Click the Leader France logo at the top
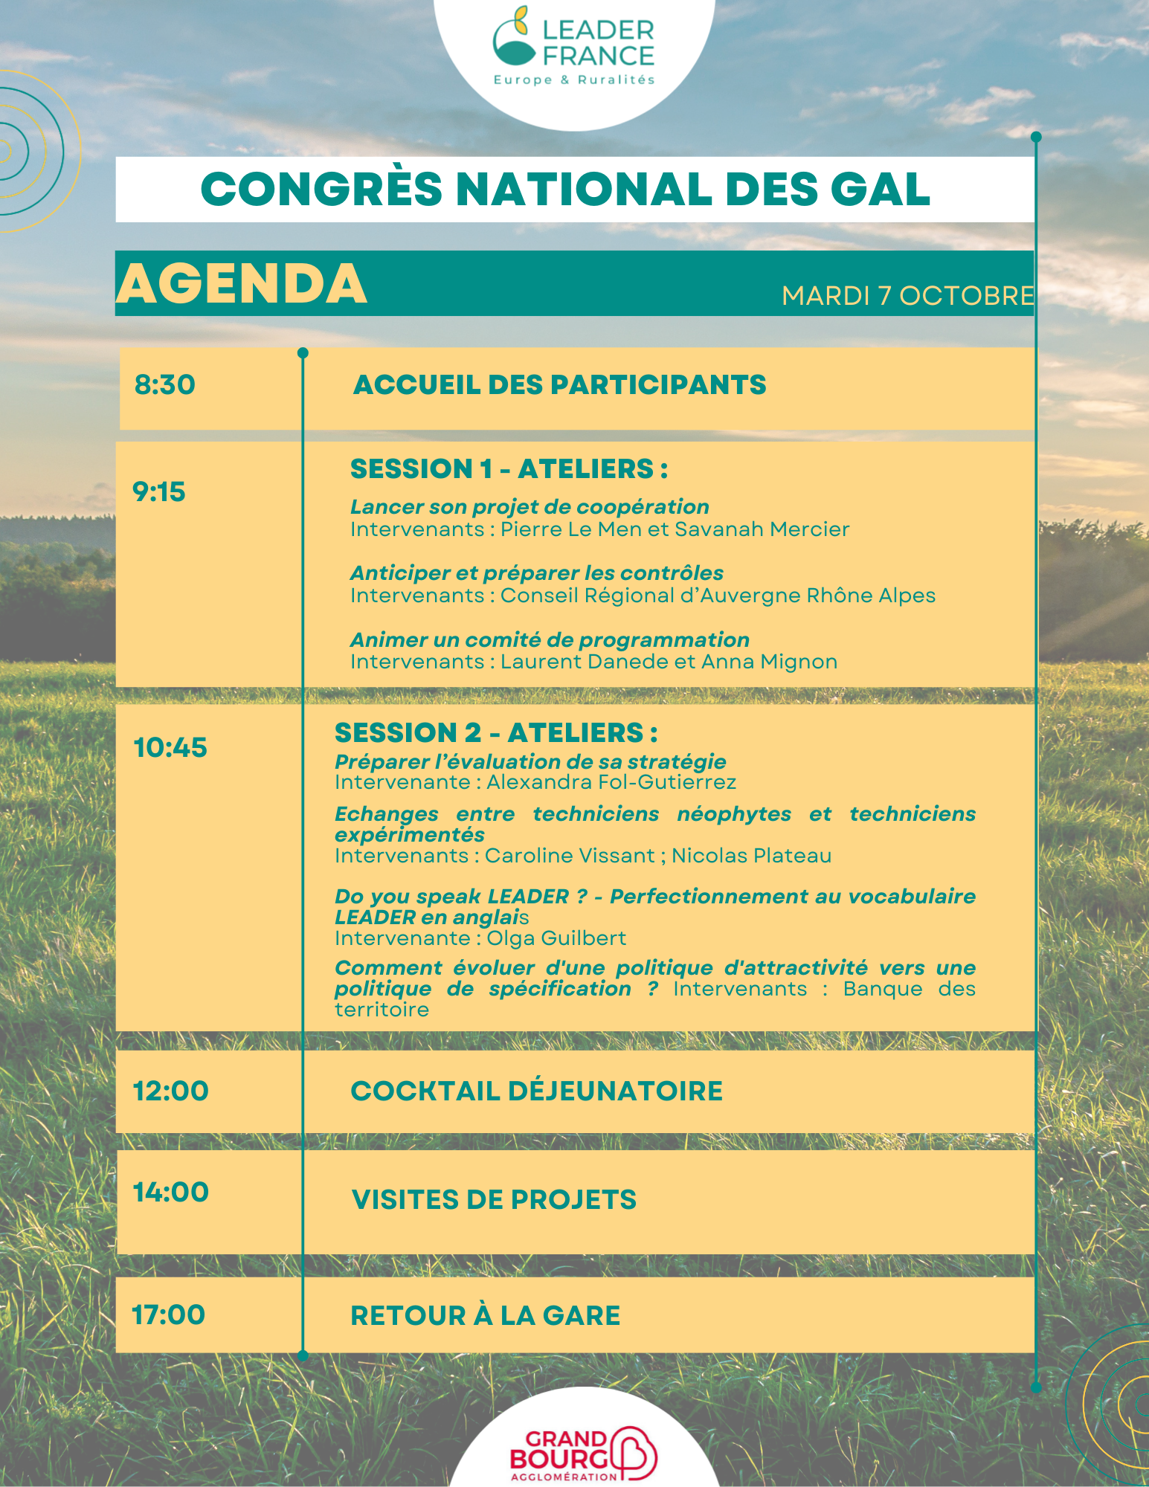tap(573, 48)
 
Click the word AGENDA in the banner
tap(242, 284)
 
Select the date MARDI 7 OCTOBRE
tap(907, 296)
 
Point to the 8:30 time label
tap(165, 385)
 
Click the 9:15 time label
tap(159, 492)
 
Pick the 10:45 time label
tap(170, 748)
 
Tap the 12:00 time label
tap(171, 1091)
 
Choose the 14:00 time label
tap(171, 1193)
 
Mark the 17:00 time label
tap(169, 1315)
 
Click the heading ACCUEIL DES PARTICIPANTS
tap(559, 385)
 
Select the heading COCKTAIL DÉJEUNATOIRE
tap(536, 1091)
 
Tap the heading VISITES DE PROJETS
tap(494, 1200)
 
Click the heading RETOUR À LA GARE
tap(485, 1316)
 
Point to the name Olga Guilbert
tap(556, 938)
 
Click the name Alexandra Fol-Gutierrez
tap(611, 782)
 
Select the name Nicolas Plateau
tap(751, 856)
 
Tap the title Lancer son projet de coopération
tap(530, 507)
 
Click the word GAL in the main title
tap(880, 190)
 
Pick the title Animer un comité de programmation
tap(550, 640)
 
